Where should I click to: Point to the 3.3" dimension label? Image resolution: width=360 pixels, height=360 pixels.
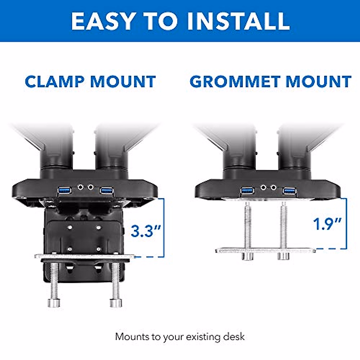coord(146,231)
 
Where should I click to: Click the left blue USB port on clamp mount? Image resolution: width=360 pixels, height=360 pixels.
coord(65,190)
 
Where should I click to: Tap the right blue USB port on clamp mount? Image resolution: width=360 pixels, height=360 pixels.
coord(106,190)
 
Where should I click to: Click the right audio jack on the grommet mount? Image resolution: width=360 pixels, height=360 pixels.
coord(273,187)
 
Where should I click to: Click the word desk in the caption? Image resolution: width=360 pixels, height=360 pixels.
coord(234,337)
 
